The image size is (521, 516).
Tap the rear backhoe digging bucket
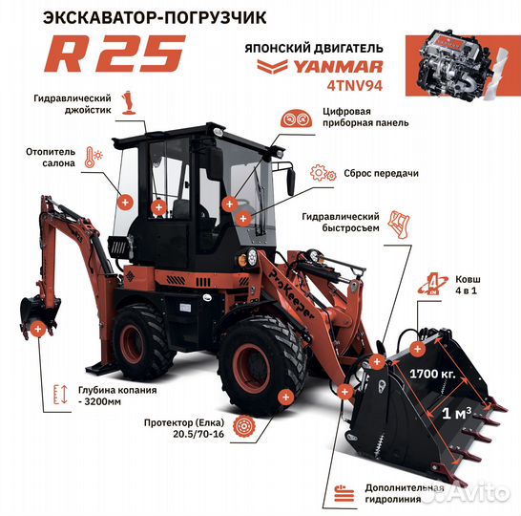click(35, 311)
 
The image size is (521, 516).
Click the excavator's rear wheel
click(144, 340)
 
